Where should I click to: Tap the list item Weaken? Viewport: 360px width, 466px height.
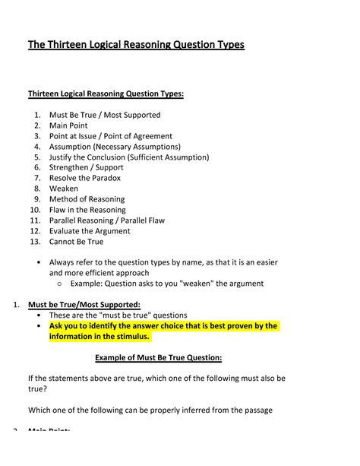click(64, 189)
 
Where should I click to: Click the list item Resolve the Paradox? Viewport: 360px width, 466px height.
click(85, 178)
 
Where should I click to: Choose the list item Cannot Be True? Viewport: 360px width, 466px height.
click(76, 242)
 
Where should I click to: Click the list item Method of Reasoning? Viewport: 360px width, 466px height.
click(87, 199)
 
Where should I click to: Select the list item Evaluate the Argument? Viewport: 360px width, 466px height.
click(90, 231)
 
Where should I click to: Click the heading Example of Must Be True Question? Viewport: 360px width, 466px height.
click(158, 358)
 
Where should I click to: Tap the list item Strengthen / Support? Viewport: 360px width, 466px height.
click(85, 167)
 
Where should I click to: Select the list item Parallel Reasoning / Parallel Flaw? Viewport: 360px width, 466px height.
click(107, 220)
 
